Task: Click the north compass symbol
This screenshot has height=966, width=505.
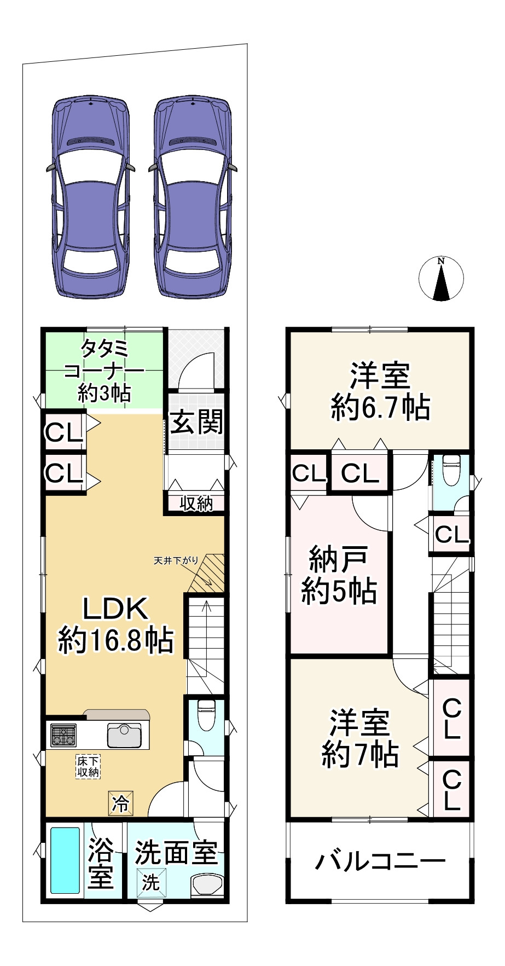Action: coord(441,279)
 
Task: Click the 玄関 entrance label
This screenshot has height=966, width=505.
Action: coord(196,422)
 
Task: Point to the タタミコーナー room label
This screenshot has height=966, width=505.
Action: coord(104,371)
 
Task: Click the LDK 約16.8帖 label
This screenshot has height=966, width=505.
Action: coord(115,624)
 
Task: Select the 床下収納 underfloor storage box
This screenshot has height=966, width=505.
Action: coord(88,767)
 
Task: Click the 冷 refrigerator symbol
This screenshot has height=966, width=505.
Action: coord(121,803)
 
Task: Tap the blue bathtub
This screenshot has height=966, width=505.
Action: coord(65,860)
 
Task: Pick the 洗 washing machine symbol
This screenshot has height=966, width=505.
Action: coord(150,882)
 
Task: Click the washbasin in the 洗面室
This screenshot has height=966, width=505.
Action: coord(208,884)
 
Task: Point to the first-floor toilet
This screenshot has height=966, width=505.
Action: coord(206,714)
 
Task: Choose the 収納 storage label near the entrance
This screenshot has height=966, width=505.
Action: coord(196,504)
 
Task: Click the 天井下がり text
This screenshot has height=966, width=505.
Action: coord(176,560)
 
